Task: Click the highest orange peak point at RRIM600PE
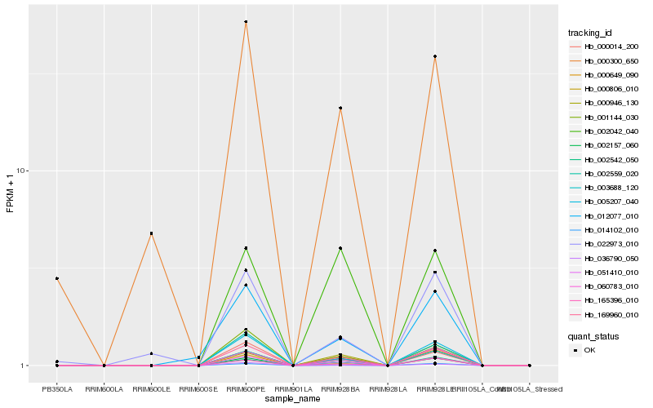click(x=246, y=22)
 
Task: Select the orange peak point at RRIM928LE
click(x=435, y=56)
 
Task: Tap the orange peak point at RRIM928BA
click(x=340, y=108)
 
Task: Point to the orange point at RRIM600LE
click(x=151, y=233)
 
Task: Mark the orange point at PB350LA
click(x=57, y=278)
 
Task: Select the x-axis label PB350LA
click(x=57, y=388)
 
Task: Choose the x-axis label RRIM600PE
click(x=246, y=388)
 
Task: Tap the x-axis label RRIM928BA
click(x=340, y=388)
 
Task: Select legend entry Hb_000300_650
click(x=611, y=61)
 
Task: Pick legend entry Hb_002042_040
click(x=611, y=131)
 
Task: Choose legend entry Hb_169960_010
click(x=611, y=313)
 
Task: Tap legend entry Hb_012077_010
click(x=611, y=215)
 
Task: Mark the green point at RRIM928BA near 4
click(x=340, y=248)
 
